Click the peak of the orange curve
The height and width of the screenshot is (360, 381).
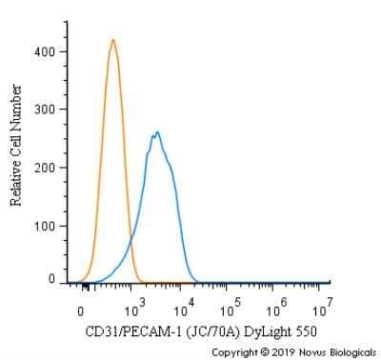click(x=112, y=40)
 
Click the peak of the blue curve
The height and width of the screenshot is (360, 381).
click(x=157, y=132)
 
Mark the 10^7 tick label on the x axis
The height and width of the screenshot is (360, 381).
click(x=322, y=307)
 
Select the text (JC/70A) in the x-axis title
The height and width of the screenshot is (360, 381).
click(x=210, y=331)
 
